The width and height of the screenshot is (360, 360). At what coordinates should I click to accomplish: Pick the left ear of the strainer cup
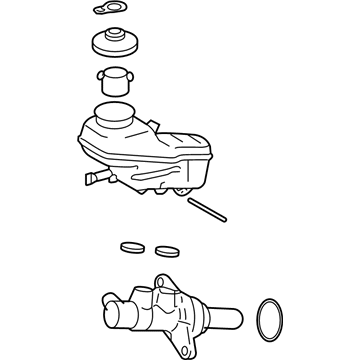click(x=99, y=74)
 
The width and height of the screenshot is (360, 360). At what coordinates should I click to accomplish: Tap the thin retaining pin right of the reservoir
click(x=205, y=212)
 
